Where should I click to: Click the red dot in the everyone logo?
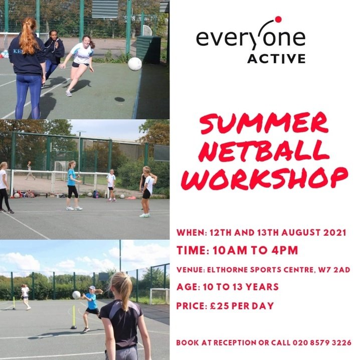[x=278, y=20]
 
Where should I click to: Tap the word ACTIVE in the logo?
[x=276, y=59]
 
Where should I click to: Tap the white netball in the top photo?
[x=135, y=64]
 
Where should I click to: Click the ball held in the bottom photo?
[x=76, y=295]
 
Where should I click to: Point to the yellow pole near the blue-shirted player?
[x=74, y=315]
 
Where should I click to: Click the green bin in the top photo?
[x=148, y=49]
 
